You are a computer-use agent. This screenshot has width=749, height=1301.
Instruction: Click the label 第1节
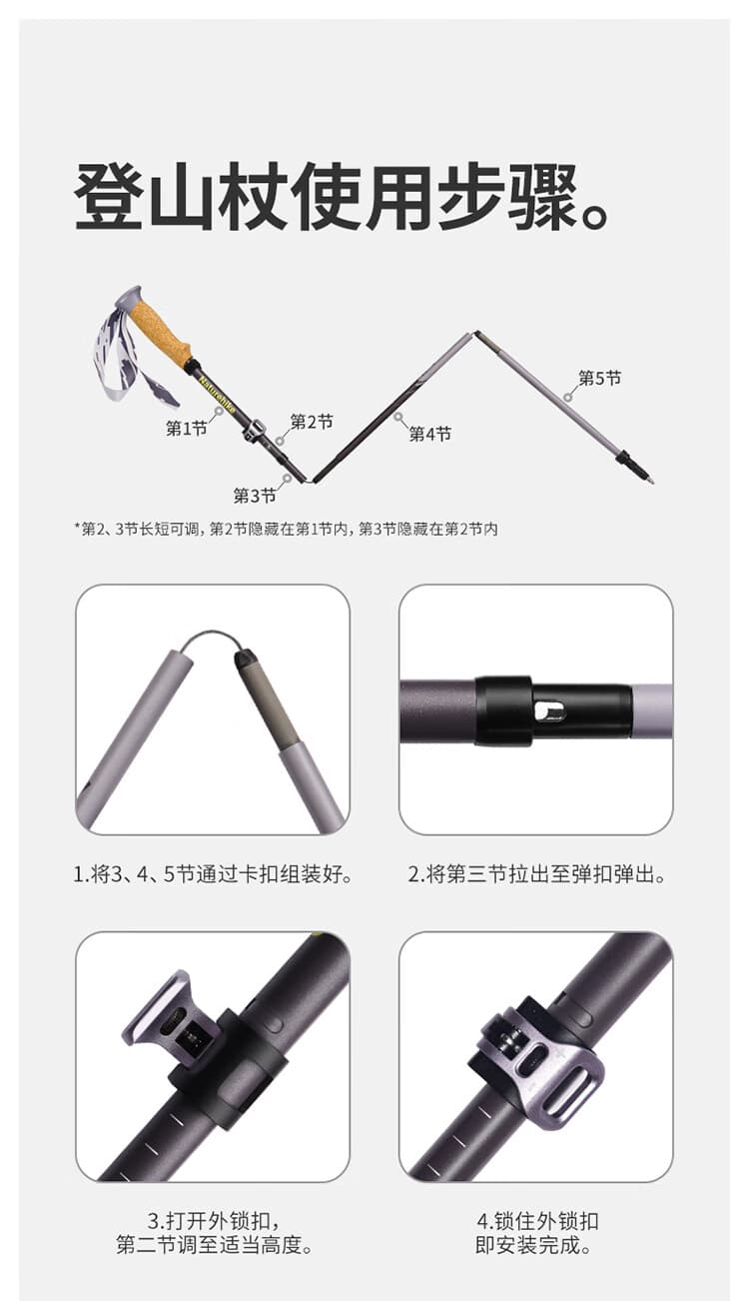coord(187,429)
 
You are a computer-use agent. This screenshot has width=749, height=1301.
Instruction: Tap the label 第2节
coord(312,422)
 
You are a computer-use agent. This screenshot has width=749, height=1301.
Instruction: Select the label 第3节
coord(255,496)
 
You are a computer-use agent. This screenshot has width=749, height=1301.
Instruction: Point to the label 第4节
coord(430,434)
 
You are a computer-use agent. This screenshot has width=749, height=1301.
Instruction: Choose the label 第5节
coord(600,378)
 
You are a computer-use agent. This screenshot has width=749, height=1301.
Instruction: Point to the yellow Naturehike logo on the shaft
coord(217,394)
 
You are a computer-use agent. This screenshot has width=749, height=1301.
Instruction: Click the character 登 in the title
coord(109,196)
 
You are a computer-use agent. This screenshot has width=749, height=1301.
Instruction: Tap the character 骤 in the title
coord(543,196)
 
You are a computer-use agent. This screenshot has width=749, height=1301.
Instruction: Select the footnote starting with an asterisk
coord(286,530)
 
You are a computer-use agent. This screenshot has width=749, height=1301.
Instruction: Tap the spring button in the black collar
coord(548,710)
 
